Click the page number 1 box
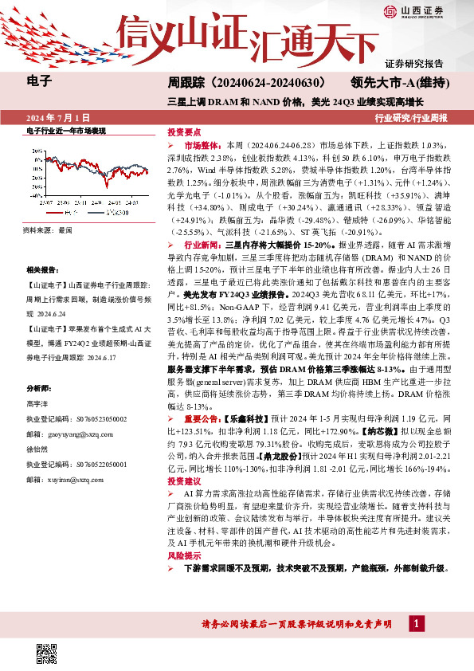[419, 622]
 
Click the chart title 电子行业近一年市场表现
[65, 131]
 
